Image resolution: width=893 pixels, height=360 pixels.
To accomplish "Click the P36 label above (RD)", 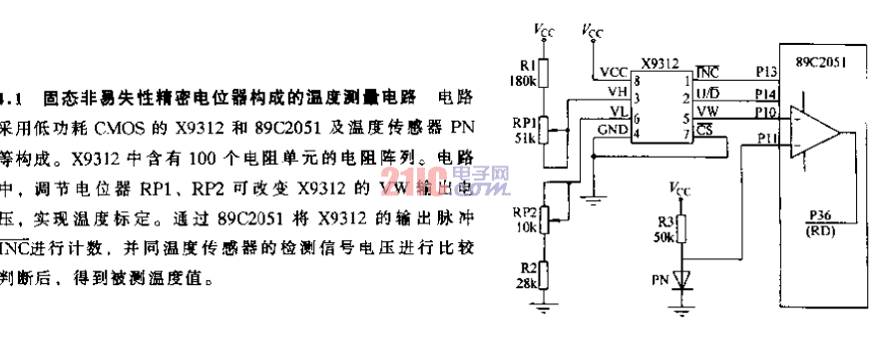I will pos(818,213).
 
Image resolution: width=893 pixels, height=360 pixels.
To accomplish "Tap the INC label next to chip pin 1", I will pos(707,72).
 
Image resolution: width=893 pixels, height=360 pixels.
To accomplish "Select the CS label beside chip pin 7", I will pos(704,129).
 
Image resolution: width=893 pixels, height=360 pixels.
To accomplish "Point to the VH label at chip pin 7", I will pos(617,92).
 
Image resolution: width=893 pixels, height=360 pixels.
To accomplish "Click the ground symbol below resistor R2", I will pos(543,309).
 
